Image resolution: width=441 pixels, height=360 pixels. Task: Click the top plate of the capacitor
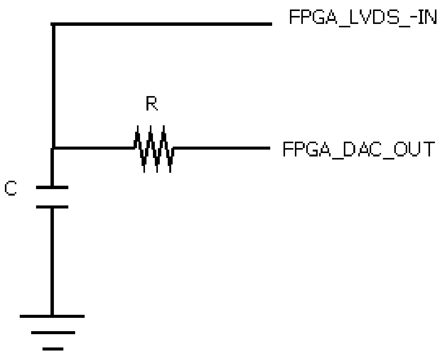coord(52,187)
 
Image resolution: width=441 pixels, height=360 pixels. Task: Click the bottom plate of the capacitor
coord(52,207)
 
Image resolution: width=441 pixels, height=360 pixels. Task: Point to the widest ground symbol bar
coord(52,316)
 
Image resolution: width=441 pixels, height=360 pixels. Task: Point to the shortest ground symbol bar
coord(53,348)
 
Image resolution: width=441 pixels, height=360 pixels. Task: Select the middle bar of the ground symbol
coord(53,333)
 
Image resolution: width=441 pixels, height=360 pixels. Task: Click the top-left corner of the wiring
coord(53,25)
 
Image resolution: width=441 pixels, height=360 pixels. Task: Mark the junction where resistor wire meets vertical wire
coord(53,147)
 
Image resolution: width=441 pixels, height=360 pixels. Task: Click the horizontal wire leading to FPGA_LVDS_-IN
coord(163,24)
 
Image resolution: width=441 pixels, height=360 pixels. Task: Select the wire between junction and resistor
coord(93,147)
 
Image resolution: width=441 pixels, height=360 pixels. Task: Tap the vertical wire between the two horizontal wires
coord(53,85)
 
